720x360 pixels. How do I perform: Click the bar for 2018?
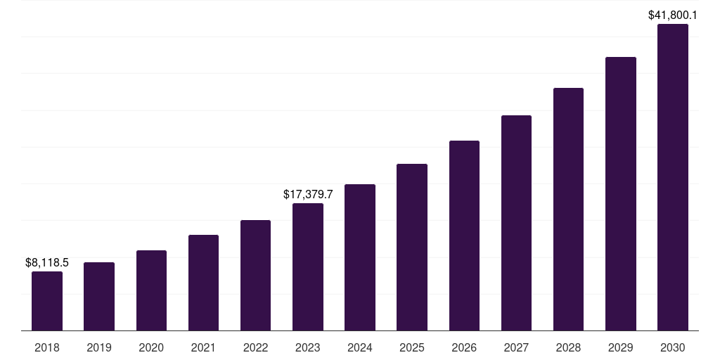coord(47,301)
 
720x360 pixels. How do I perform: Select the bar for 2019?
coord(99,296)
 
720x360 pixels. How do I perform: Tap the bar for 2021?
coord(203,283)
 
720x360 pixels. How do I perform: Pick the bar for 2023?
coord(308,266)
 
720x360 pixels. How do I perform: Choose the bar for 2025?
coord(412,247)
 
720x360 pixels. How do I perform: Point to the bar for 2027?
coord(516,223)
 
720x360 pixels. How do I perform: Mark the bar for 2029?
coord(621,193)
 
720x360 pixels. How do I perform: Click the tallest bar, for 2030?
coord(673,177)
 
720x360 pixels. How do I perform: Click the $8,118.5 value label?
coord(47,263)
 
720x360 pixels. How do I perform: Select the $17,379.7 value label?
coord(308,194)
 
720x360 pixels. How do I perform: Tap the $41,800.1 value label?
coord(673,14)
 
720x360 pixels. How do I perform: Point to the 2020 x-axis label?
coord(151,348)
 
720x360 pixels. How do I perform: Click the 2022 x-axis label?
coord(255,348)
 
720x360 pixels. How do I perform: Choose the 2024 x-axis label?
coord(360,348)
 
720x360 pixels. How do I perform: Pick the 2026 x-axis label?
coord(464,348)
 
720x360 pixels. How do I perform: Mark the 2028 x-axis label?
coord(568,348)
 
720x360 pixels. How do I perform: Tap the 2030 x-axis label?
coord(673,348)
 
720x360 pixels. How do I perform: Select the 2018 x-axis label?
coord(47,348)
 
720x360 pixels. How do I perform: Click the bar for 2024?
coord(360,257)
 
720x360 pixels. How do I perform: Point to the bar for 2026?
coord(464,236)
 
